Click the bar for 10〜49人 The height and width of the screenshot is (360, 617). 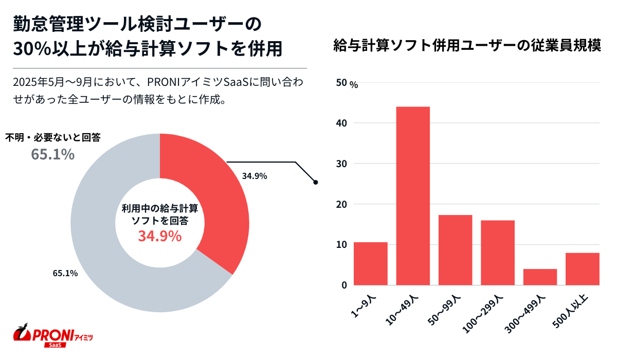click(x=413, y=195)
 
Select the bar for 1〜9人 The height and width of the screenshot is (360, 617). click(x=371, y=263)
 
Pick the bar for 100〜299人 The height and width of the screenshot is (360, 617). click(x=498, y=252)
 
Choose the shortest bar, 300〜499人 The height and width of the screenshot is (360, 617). click(x=540, y=277)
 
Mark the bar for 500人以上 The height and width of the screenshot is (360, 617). click(x=583, y=268)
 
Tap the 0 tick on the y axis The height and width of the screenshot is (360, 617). click(x=344, y=285)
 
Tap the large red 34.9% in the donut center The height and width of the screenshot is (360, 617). click(x=159, y=237)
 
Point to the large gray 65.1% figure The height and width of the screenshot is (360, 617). click(x=53, y=154)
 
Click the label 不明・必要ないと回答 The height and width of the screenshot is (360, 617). click(x=53, y=138)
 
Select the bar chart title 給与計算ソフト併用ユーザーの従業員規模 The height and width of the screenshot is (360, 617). click(x=467, y=46)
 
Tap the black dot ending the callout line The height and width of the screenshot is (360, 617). click(x=315, y=182)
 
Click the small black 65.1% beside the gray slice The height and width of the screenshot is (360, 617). click(x=65, y=273)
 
